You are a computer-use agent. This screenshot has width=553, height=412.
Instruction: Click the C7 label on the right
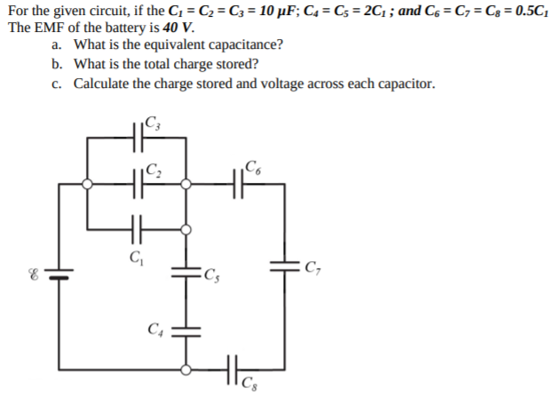point(312,264)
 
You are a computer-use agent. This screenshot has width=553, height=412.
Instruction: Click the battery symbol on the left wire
point(59,273)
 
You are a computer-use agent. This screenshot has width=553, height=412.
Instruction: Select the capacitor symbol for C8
point(233,367)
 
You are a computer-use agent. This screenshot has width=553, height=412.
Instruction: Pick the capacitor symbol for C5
point(186,273)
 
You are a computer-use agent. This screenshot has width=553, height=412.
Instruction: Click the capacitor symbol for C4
point(186,330)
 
